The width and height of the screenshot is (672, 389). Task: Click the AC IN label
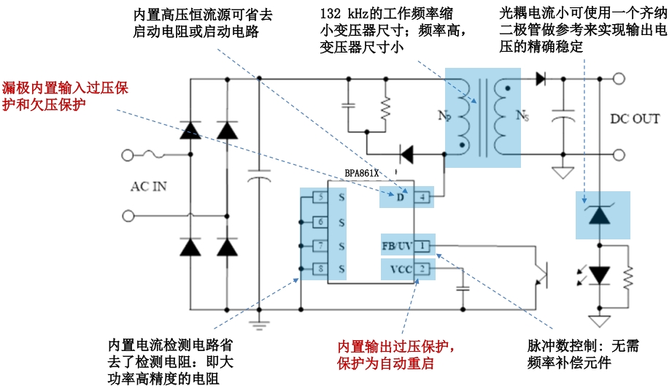tap(149, 187)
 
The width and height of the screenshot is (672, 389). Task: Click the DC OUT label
tap(634, 119)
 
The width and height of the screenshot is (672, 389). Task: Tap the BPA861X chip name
tap(362, 174)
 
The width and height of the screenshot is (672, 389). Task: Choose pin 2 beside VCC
tap(424, 269)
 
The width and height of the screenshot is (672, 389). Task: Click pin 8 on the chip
tap(319, 269)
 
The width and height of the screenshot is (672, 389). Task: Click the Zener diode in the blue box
tap(600, 215)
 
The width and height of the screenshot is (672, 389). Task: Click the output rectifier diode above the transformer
tap(541, 79)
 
